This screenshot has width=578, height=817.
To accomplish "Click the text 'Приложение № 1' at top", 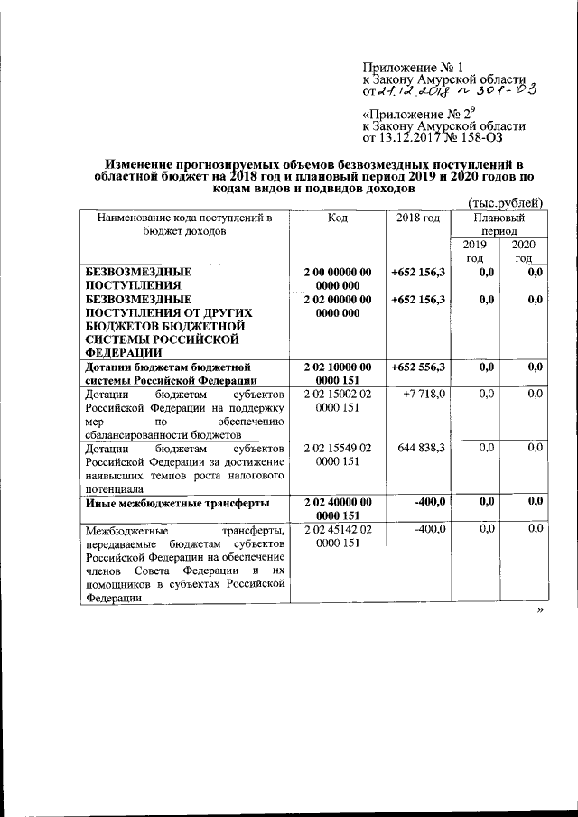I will point(412,68).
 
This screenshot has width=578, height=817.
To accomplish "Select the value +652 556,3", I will point(418,367).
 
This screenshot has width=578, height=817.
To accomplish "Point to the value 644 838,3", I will point(418,447).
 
